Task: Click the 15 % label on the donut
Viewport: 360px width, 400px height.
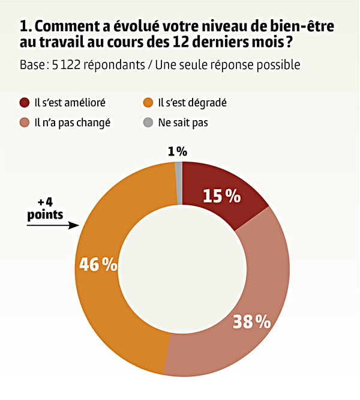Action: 221,196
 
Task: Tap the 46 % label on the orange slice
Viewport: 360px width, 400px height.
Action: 98,265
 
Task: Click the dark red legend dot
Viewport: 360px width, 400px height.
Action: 25,102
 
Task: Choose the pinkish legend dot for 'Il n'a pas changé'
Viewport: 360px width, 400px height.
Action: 25,123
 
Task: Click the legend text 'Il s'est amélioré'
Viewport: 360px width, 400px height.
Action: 70,102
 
